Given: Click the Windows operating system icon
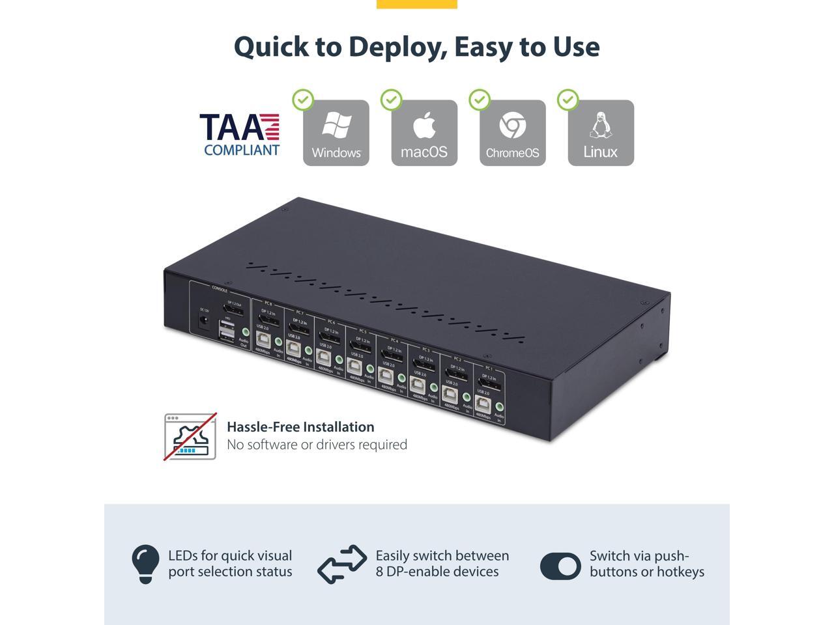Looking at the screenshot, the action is point(336,133).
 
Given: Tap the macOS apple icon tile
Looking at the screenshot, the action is point(424,133).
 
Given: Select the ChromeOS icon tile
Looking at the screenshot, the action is point(513,133).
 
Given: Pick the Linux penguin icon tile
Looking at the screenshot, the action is point(601,133).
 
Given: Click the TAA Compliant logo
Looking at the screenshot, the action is point(240,135).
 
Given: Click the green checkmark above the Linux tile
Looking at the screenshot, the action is point(568,100).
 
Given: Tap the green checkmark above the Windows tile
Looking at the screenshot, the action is point(303,100).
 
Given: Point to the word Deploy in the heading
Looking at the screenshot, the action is point(397,46).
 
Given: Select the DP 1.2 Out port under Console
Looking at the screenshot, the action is point(233,309).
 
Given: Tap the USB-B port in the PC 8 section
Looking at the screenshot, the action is point(263,339).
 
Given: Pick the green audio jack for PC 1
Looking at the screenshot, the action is point(500,407).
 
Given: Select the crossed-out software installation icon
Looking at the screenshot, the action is point(190,436).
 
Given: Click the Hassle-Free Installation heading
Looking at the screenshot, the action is point(300,427).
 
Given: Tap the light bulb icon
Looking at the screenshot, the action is point(145,564).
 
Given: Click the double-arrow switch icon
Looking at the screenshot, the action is point(342,564).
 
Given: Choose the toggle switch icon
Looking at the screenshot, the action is point(560,566).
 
